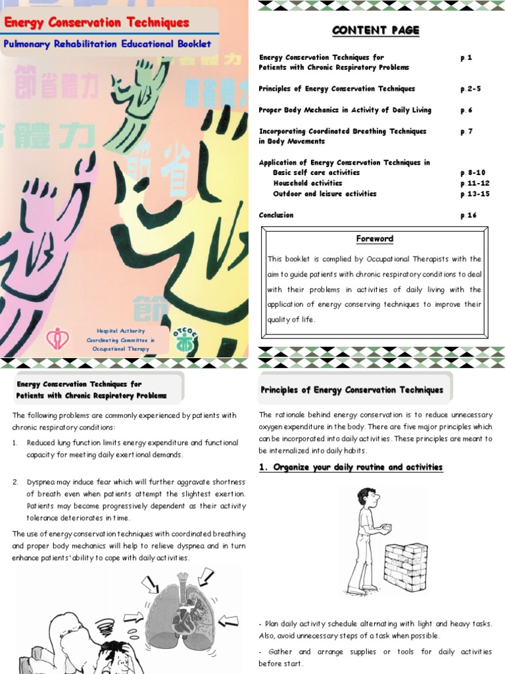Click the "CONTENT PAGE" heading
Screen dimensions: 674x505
(375, 31)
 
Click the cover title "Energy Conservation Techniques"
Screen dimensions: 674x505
(97, 23)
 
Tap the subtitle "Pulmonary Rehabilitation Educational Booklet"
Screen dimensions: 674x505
(107, 44)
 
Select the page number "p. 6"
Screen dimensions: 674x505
(466, 110)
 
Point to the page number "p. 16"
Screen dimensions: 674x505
(468, 215)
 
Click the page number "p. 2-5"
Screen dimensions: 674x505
(470, 89)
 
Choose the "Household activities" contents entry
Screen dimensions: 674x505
(307, 183)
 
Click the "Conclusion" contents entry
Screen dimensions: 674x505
(276, 215)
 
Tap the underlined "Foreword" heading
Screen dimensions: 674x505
(374, 239)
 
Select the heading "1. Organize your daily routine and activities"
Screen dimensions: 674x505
(350, 467)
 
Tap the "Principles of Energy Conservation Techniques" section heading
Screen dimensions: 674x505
(352, 390)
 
